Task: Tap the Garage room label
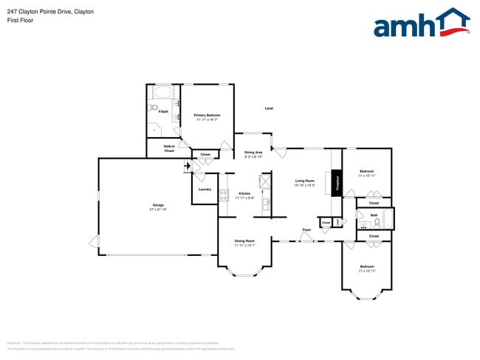click(158, 204)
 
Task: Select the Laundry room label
click(205, 190)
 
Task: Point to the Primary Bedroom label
click(208, 115)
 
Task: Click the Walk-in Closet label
click(169, 148)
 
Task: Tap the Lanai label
click(269, 108)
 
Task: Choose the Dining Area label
click(253, 153)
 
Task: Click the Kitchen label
click(244, 193)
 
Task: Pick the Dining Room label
click(244, 241)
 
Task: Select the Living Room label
click(305, 181)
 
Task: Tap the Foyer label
click(306, 229)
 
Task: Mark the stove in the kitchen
click(223, 195)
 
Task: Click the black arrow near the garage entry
click(188, 166)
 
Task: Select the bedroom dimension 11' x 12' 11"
click(367, 271)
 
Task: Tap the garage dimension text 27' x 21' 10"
click(158, 210)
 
